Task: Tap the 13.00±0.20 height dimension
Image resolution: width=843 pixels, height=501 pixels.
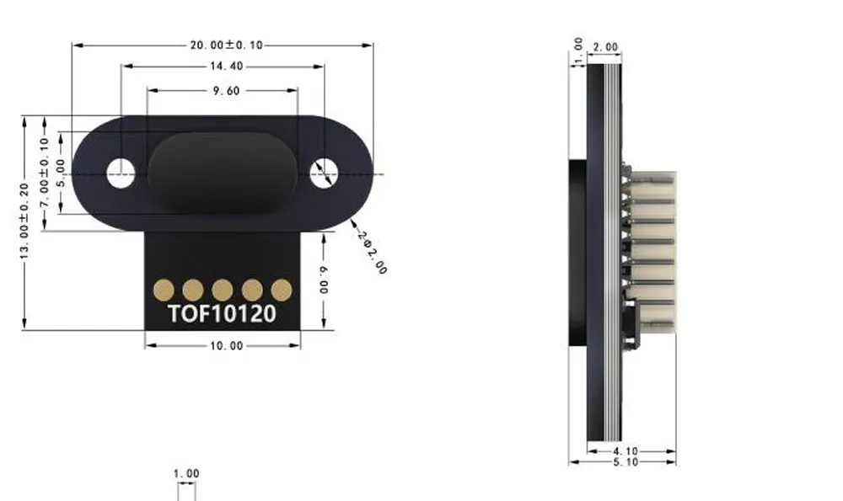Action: tap(25, 221)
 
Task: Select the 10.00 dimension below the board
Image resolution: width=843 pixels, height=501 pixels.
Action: tap(224, 345)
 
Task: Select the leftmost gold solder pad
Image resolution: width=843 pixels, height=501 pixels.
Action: tap(163, 290)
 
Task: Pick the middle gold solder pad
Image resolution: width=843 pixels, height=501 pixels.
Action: tap(222, 290)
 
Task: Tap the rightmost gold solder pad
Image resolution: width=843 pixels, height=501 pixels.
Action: tap(282, 290)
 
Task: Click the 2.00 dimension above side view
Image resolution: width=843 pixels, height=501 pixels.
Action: tap(605, 47)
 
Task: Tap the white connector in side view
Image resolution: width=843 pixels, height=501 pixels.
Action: tap(655, 253)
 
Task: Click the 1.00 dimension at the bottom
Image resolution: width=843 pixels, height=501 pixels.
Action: tap(186, 474)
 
